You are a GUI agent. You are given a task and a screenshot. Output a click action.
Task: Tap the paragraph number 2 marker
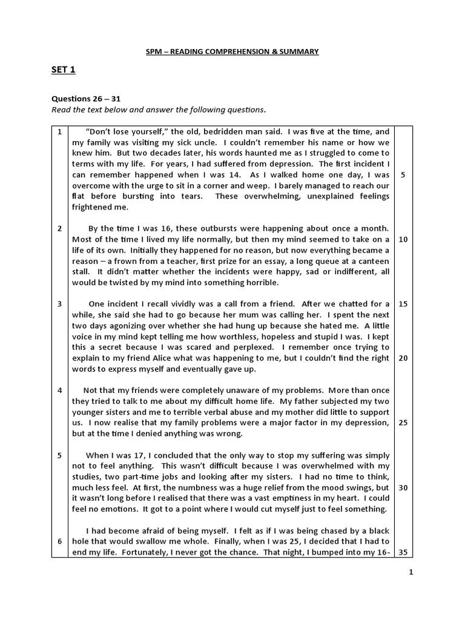60,228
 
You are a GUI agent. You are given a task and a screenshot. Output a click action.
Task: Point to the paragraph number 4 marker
60,390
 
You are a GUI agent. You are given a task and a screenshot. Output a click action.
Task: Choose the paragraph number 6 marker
60,541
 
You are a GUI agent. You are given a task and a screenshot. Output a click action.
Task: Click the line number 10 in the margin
403,239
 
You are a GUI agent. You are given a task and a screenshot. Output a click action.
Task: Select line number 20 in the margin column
403,358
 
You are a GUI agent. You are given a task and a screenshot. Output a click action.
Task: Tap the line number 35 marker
403,552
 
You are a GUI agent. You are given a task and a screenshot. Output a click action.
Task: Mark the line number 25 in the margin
403,422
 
